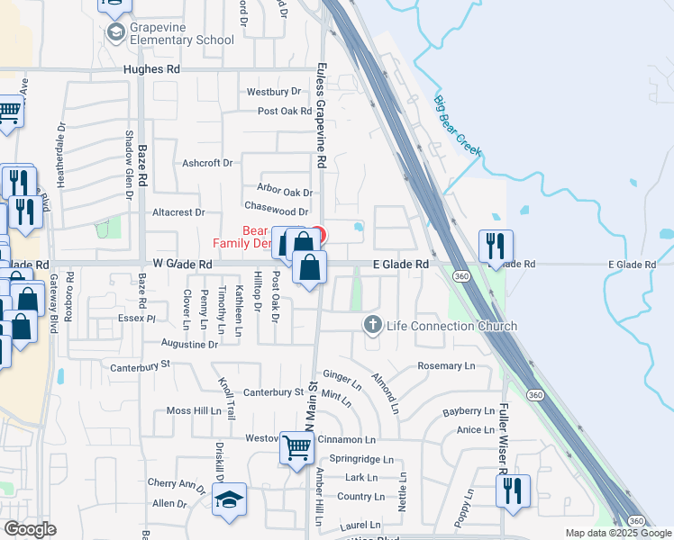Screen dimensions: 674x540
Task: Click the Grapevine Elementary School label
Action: coord(182,34)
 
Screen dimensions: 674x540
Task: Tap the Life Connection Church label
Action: coord(451,326)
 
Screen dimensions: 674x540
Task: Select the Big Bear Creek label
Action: coord(458,127)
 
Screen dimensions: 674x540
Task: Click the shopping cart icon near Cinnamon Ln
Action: coord(296,447)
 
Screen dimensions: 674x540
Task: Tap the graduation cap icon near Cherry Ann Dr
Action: coord(229,499)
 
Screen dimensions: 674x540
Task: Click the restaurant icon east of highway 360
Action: coord(495,246)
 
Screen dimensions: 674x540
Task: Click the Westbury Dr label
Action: coord(273,92)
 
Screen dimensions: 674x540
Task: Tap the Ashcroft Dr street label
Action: coord(207,163)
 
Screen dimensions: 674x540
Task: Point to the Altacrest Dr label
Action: coord(178,212)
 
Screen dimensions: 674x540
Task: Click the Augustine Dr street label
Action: coord(189,344)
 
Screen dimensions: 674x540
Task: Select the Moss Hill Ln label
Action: coord(194,410)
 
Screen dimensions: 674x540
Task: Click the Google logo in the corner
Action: coord(30,529)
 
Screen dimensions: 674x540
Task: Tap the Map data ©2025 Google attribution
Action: coord(618,533)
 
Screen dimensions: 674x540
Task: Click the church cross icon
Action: coord(371,324)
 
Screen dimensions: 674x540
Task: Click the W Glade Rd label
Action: coord(182,265)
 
